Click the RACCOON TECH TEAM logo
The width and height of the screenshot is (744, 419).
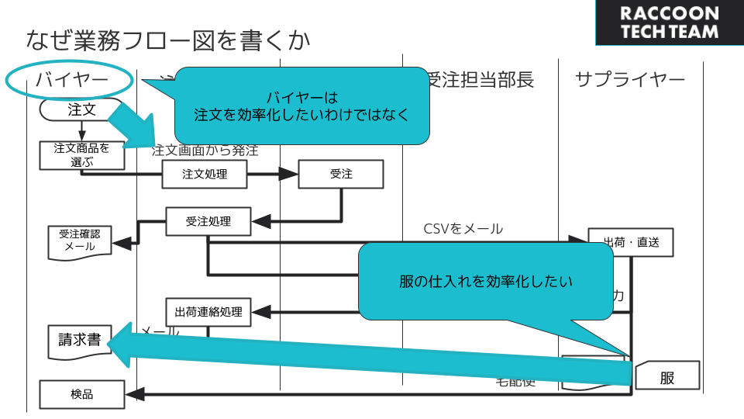670,23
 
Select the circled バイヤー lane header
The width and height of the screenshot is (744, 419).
71,80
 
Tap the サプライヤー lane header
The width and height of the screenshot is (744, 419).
630,80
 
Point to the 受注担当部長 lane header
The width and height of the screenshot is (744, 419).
481,80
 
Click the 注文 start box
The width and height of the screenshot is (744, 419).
81,109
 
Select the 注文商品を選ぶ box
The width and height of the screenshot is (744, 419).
81,154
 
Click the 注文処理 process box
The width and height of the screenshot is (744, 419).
205,174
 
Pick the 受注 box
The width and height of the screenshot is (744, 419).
341,174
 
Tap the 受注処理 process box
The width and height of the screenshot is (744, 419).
208,222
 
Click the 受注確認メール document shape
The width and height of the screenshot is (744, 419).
80,241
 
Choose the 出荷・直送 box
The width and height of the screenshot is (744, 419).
630,242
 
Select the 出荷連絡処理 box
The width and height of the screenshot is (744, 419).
208,312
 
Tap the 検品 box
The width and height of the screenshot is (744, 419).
81,394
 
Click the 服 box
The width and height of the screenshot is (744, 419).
667,377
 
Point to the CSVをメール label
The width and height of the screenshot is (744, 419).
463,229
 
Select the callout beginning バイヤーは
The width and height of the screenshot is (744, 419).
302,106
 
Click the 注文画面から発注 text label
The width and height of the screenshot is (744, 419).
205,150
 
